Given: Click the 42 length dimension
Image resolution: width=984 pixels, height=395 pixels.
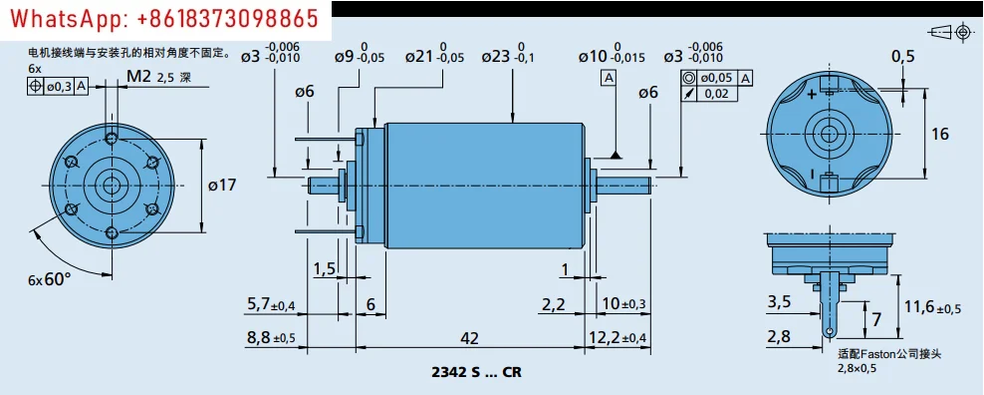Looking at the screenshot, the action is pos(469,338).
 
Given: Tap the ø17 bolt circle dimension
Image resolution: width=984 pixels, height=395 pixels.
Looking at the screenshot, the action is pos(223,186).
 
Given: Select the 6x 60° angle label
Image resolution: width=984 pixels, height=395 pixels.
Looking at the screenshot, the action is pos(50,279).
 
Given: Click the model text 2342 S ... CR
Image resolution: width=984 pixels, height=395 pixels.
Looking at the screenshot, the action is pos(476,372).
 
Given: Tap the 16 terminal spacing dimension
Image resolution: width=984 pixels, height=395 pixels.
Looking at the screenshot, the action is pos(940,134).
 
